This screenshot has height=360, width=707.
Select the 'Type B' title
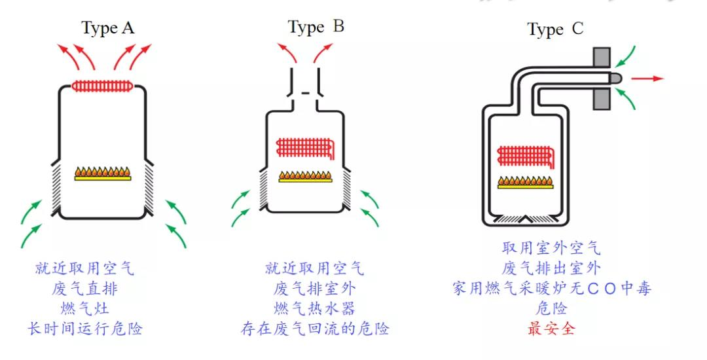[316, 27]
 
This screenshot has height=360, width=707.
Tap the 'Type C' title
[555, 29]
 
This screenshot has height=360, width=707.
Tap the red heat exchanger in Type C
[526, 156]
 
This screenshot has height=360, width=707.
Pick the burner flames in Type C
[526, 181]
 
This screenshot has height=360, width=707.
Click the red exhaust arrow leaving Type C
[647, 79]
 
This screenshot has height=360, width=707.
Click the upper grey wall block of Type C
[602, 57]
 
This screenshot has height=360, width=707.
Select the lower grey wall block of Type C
[602, 99]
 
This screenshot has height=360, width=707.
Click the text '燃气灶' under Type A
[85, 308]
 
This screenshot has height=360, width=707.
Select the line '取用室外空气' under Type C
[551, 248]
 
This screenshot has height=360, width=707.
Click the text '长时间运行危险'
[85, 329]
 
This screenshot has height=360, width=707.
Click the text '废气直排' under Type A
[85, 289]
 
